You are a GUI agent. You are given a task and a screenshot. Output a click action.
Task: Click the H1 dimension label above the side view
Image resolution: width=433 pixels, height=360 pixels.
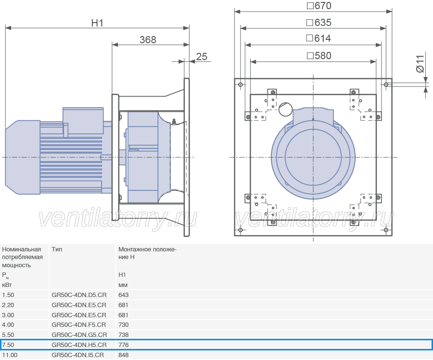97,23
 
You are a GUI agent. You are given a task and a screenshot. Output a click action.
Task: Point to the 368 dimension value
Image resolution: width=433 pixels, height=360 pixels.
148,40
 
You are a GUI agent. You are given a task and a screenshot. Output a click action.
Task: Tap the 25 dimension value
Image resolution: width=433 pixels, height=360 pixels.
202,57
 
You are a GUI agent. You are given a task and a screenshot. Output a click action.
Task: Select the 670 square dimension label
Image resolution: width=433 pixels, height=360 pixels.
319,6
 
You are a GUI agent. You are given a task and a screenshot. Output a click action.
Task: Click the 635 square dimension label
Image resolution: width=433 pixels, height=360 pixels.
319,23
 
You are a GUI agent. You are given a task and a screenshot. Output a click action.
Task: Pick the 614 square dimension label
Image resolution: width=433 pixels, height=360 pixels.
318,38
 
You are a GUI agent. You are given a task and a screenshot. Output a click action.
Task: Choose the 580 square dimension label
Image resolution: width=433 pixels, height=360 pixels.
319,56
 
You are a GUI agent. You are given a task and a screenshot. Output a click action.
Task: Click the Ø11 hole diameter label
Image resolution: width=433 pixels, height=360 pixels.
420,64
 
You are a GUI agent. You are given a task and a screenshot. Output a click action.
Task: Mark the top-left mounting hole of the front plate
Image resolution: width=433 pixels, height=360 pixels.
241,85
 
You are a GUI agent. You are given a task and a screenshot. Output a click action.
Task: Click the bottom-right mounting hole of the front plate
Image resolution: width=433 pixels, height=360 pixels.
386,230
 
